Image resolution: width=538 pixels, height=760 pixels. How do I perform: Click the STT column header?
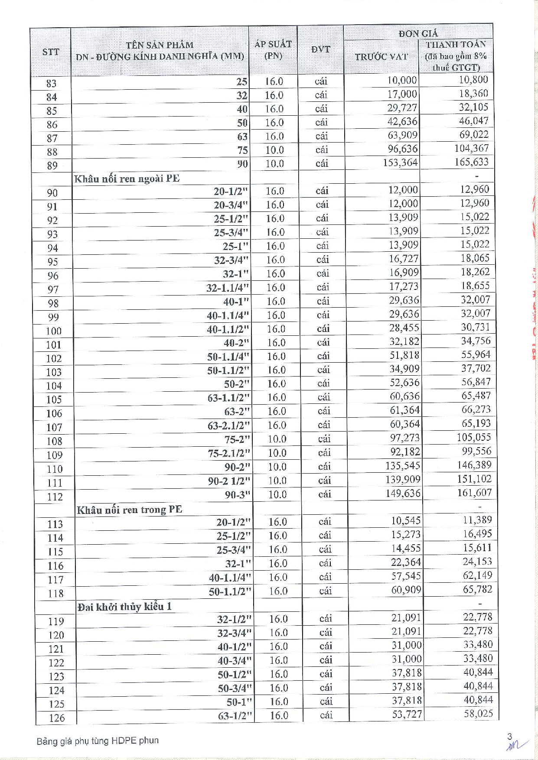pyautogui.click(x=51, y=52)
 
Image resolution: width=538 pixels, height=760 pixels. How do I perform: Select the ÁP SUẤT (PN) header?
pyautogui.click(x=273, y=50)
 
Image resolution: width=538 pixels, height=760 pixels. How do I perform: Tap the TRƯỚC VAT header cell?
pyautogui.click(x=381, y=57)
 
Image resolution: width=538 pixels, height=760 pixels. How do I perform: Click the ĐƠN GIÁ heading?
pyautogui.click(x=418, y=33)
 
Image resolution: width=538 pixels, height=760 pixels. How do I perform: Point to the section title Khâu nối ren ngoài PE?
pyautogui.click(x=127, y=179)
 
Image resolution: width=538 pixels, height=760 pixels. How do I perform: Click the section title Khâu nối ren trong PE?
pyautogui.click(x=129, y=510)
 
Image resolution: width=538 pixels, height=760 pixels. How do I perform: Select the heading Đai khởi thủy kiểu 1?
pyautogui.click(x=124, y=607)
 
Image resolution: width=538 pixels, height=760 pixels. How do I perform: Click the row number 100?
pyautogui.click(x=54, y=331)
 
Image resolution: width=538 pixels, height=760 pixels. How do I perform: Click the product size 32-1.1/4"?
pyautogui.click(x=228, y=288)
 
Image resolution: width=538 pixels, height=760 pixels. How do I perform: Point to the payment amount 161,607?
pyautogui.click(x=474, y=493)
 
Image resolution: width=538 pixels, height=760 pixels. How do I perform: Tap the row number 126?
pyautogui.click(x=56, y=718)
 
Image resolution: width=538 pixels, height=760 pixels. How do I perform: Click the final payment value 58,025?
pyautogui.click(x=478, y=714)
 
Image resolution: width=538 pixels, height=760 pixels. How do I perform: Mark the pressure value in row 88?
pyautogui.click(x=274, y=150)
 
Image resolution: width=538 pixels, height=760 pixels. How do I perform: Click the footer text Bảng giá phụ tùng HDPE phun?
pyautogui.click(x=98, y=741)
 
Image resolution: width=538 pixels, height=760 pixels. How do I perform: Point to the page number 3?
pyautogui.click(x=510, y=736)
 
